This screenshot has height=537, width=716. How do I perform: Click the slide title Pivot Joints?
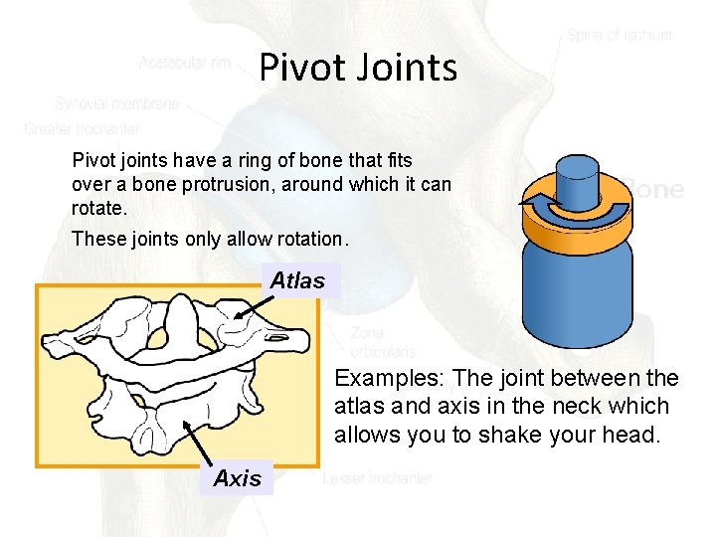point(358,68)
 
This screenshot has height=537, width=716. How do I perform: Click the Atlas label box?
point(297,280)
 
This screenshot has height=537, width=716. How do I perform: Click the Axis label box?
point(238,478)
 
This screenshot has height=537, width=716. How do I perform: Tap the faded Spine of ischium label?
point(620,35)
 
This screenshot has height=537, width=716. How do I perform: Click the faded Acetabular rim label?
point(185,63)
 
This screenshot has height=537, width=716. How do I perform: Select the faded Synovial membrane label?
point(117,103)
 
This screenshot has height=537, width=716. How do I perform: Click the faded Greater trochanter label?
point(83,128)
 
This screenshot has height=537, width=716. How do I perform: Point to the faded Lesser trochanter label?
point(377,478)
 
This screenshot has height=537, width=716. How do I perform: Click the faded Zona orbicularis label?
point(383,342)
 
